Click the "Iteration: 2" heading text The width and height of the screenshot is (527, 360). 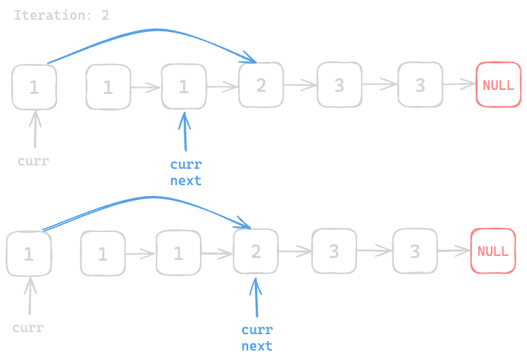61,15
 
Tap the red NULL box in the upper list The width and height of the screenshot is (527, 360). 498,85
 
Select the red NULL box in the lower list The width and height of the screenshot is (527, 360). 493,250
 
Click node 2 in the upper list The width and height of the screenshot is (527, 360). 260,85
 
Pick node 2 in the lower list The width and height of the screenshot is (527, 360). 256,251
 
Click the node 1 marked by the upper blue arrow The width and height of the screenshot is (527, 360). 184,86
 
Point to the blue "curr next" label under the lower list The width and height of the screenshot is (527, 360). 257,338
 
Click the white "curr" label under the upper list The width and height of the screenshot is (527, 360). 33,161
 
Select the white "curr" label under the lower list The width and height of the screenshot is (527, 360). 28,328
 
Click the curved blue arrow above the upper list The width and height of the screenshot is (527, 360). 156,31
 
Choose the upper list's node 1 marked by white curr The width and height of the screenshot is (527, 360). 34,86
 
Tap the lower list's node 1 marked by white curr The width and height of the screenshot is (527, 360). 29,254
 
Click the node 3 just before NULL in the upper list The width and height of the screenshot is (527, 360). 420,85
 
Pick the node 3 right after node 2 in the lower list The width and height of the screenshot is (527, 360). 334,251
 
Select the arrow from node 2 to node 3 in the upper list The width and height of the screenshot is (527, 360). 300,85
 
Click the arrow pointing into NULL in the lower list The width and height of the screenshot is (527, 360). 453,250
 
